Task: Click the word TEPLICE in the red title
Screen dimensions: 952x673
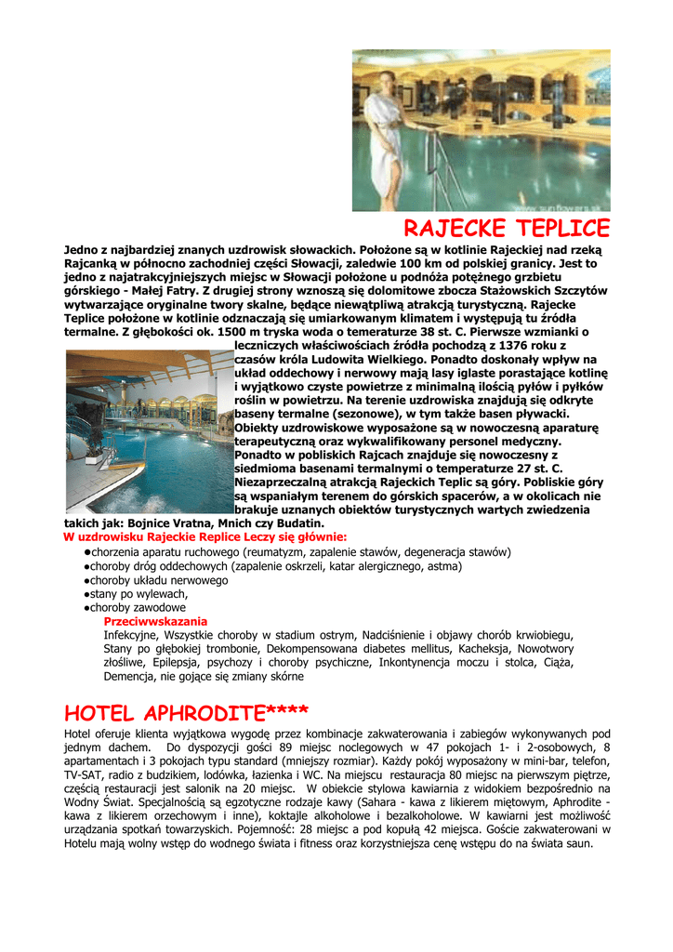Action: pos(558,229)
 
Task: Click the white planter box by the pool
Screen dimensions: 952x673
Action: pos(94,457)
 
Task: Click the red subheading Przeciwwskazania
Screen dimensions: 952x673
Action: pos(155,621)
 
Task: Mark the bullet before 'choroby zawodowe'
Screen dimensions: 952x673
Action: pos(86,608)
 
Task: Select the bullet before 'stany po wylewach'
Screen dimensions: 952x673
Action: pos(86,594)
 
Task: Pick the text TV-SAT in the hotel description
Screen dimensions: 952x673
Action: pos(86,774)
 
